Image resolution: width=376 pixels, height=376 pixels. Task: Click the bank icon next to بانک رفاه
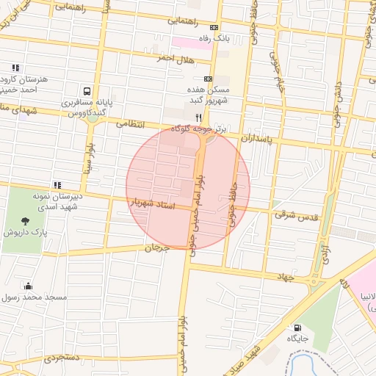coord(214,27)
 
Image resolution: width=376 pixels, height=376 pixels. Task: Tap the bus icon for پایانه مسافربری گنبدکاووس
coord(87,92)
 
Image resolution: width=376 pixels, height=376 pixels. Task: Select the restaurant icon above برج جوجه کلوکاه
coord(198,117)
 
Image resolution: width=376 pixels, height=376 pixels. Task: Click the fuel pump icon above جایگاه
coord(297,328)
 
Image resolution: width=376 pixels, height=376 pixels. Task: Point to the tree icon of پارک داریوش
coord(26,220)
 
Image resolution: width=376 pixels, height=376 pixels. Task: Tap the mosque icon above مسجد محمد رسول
coord(28,286)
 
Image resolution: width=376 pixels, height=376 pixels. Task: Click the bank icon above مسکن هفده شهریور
coord(208,79)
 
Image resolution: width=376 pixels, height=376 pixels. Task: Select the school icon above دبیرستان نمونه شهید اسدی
coord(57,185)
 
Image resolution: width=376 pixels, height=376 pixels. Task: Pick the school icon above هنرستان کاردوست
coord(15,68)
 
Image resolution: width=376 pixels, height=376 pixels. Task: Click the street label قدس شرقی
coord(295,215)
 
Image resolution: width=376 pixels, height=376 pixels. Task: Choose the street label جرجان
coord(155,248)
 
